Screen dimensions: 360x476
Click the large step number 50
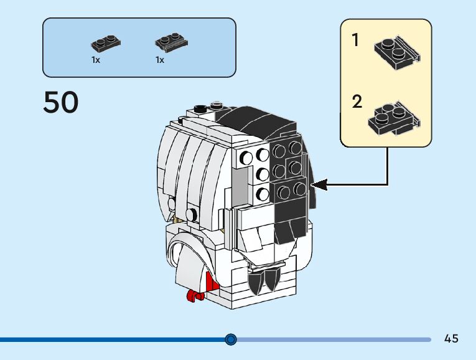point(61,103)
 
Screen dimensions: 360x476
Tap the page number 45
point(451,339)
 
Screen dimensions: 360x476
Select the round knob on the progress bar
point(231,339)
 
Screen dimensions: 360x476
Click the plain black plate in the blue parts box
point(106,44)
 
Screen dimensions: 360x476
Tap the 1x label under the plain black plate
point(96,60)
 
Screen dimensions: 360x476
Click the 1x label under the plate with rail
point(160,60)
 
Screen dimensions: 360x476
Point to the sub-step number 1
point(355,41)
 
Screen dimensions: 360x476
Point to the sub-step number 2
point(357,102)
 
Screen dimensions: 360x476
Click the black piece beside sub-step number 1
point(397,52)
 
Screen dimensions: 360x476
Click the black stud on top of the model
point(200,109)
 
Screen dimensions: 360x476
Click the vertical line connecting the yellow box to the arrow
point(388,165)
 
